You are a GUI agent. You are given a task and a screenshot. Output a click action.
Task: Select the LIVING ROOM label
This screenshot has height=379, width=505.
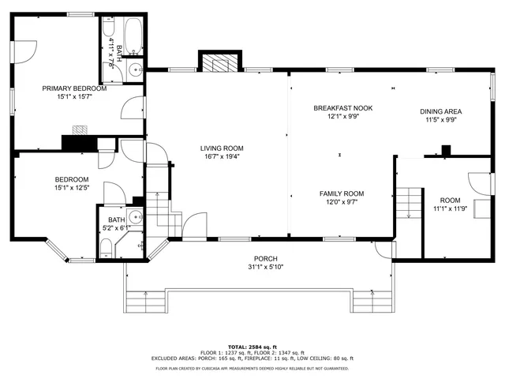coord(221,148)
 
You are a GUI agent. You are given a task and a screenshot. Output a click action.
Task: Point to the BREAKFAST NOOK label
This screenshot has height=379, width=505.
coord(342,107)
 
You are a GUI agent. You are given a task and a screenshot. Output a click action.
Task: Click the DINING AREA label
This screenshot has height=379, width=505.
coord(440,111)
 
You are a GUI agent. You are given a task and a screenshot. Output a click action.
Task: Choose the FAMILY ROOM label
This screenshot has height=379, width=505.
coord(341,193)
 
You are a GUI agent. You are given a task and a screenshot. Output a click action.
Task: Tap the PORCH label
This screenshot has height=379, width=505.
coord(265,258)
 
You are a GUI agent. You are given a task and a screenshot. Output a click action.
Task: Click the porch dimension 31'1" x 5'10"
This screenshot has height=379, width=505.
coord(265,266)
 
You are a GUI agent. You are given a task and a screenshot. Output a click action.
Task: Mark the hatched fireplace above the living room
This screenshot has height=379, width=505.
coord(216,62)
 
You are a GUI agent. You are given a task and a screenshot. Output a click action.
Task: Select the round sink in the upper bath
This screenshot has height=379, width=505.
coord(134,67)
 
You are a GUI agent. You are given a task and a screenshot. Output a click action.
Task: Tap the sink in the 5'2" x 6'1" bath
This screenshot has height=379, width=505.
coord(135,217)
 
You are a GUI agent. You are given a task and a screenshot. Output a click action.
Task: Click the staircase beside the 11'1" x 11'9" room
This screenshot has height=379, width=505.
coord(409,203)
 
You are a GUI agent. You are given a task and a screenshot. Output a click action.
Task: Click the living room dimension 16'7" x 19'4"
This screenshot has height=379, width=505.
coord(221,156)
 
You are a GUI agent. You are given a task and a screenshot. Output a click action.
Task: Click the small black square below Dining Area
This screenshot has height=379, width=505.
coord(447,149)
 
